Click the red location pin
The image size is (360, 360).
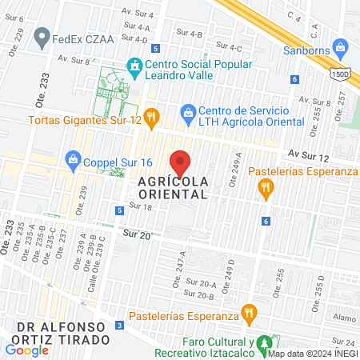pyautogui.click(x=181, y=163)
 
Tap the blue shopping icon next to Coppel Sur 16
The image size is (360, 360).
pyautogui.click(x=74, y=158)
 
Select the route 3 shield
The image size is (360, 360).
pyautogui.click(x=119, y=325)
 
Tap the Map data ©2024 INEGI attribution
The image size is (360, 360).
pyautogui.click(x=312, y=354)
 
